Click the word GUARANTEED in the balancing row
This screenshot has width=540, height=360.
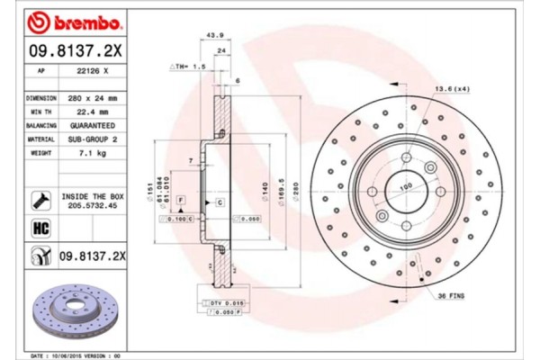click(90, 125)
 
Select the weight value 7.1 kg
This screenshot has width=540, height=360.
click(90, 154)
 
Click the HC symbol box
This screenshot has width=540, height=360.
click(40, 229)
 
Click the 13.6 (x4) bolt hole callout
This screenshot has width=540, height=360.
click(451, 89)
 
